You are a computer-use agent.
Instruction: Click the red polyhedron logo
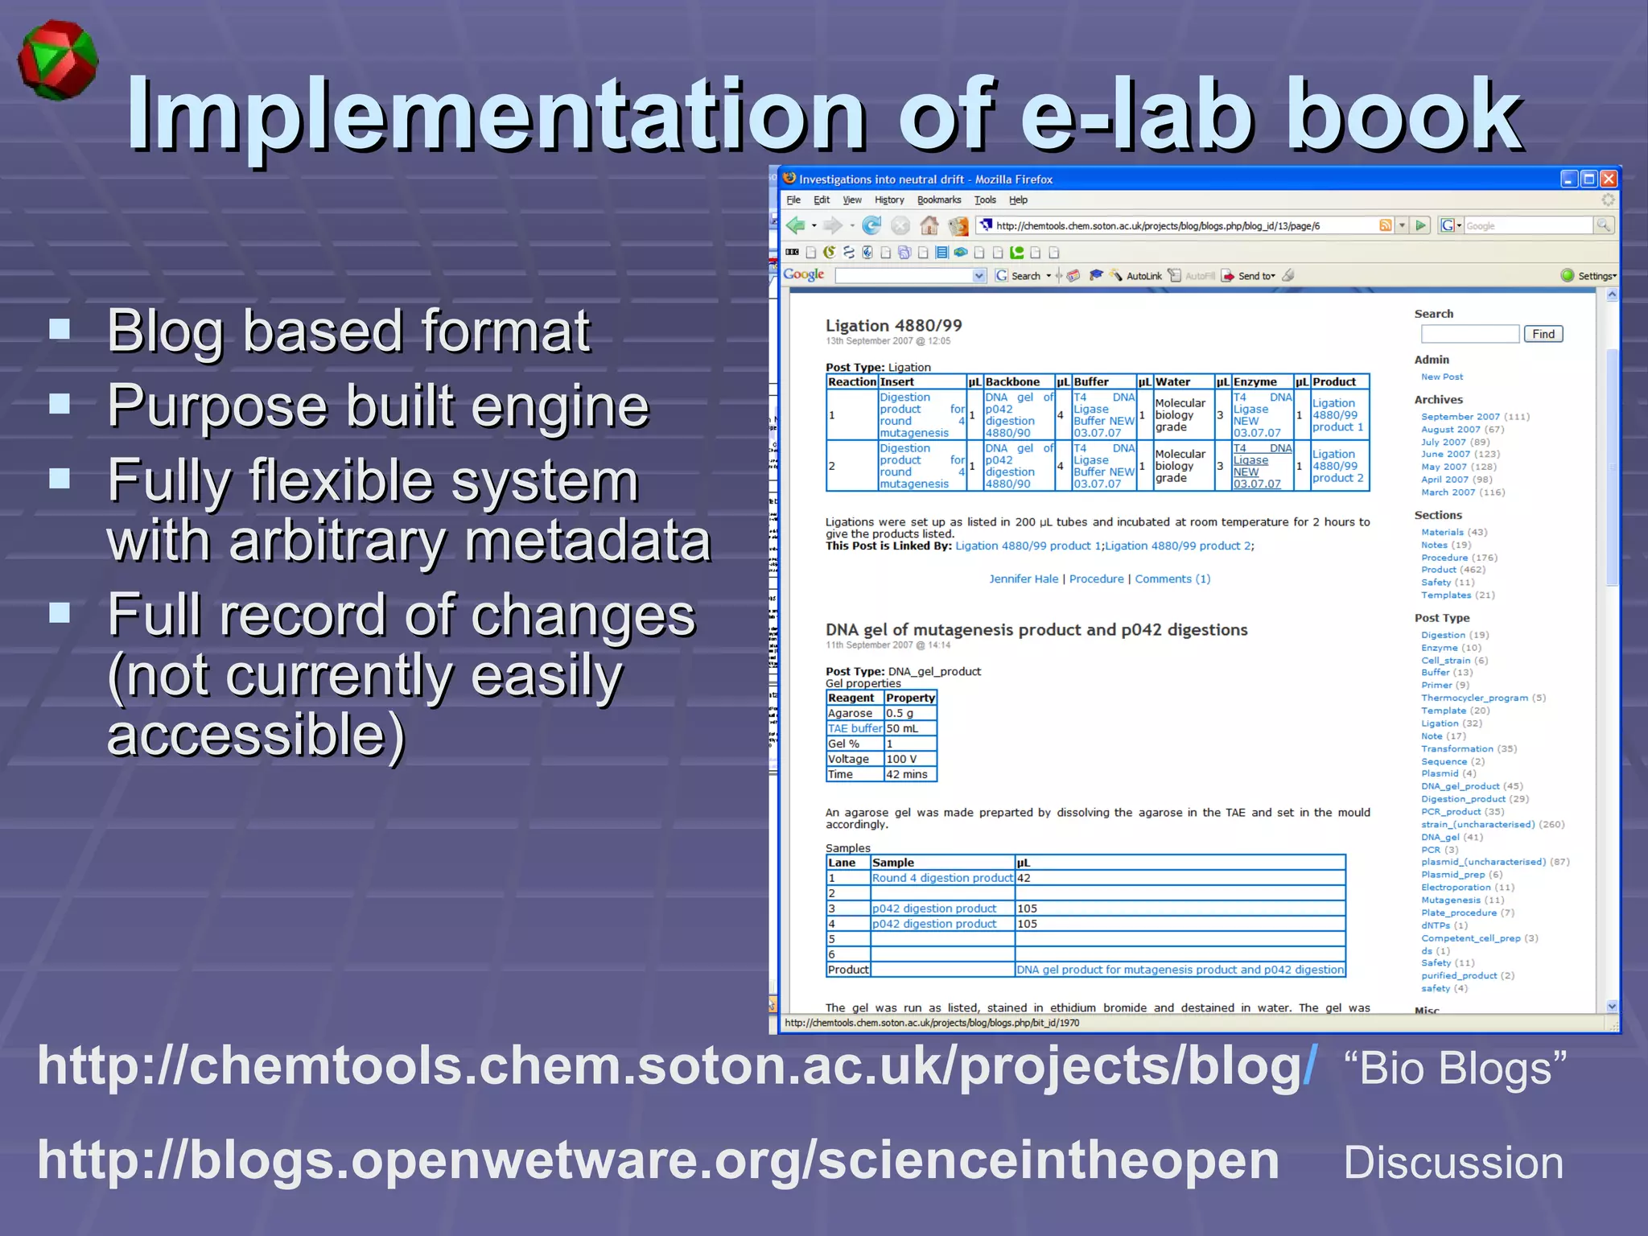[x=58, y=61]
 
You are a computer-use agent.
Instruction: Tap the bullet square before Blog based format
[x=60, y=329]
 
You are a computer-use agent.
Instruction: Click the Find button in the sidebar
[x=1543, y=334]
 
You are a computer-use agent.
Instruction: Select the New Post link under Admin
[x=1441, y=377]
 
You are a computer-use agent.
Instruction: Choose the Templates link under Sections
[x=1445, y=595]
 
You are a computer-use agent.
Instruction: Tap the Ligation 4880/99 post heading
[x=893, y=325]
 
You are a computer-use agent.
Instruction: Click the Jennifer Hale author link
[x=1023, y=579]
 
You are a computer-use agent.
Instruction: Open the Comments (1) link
[x=1172, y=579]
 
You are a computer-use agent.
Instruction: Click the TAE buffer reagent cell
[x=854, y=728]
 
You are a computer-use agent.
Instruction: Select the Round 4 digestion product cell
[x=941, y=878]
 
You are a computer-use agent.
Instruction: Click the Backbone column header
[x=1012, y=382]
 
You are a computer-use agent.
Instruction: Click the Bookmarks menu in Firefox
[x=938, y=200]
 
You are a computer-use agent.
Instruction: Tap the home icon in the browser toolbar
[x=929, y=225]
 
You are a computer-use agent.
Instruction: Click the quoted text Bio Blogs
[x=1455, y=1068]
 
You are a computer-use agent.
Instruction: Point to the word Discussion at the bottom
[x=1453, y=1163]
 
